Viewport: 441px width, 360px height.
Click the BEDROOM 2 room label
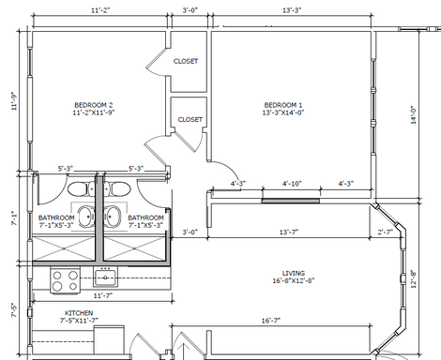click(x=93, y=109)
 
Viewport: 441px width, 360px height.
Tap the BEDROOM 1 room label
click(x=283, y=109)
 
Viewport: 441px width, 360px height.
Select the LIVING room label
click(x=294, y=277)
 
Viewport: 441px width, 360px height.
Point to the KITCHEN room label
click(x=79, y=317)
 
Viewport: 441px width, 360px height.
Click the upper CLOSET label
click(x=186, y=61)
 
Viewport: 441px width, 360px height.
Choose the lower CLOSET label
click(x=190, y=120)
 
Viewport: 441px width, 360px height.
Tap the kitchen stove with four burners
click(x=65, y=280)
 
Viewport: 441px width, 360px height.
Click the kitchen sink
click(x=105, y=277)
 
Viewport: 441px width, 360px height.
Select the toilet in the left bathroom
click(x=81, y=189)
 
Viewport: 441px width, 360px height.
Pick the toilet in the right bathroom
click(x=117, y=189)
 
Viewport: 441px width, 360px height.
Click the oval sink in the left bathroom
click(x=86, y=217)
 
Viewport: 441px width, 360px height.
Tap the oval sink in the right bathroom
click(x=113, y=217)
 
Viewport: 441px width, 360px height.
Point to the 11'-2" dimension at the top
click(x=100, y=10)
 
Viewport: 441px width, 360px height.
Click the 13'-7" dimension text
click(x=289, y=232)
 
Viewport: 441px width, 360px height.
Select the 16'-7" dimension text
click(x=271, y=321)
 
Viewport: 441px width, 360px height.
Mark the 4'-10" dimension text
click(x=292, y=184)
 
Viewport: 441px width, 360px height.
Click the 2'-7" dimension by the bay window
click(x=385, y=232)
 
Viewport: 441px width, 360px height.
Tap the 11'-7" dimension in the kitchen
click(x=103, y=295)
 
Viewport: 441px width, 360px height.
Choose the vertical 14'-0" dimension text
click(x=414, y=115)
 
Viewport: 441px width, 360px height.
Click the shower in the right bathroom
click(x=134, y=248)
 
